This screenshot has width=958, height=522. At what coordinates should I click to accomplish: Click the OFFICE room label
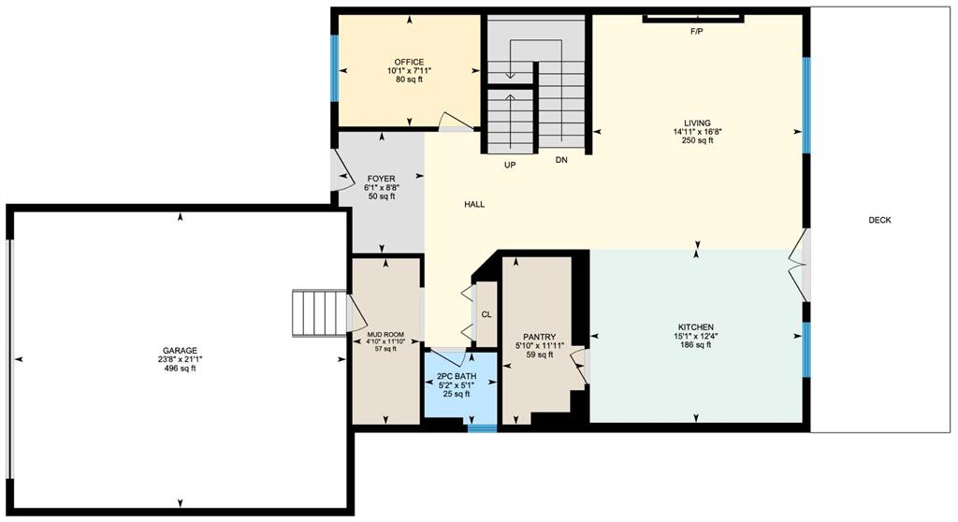tap(409, 62)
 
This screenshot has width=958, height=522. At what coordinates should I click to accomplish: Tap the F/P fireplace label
tap(696, 31)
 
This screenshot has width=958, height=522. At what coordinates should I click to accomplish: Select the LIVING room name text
tap(697, 123)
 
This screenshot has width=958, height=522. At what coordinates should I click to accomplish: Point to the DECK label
tap(879, 220)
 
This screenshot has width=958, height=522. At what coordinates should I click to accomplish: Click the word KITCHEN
tap(695, 327)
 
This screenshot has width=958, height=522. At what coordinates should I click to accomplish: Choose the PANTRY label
tap(540, 337)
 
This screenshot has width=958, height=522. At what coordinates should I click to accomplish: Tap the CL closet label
tap(486, 314)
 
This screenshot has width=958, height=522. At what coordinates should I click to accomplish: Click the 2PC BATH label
tap(457, 376)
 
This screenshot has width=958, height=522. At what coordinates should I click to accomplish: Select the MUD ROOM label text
tap(385, 334)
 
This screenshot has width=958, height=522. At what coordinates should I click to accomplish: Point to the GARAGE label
tap(180, 350)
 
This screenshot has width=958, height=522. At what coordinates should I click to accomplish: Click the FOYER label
tap(382, 179)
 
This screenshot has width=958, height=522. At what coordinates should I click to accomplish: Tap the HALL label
tap(474, 204)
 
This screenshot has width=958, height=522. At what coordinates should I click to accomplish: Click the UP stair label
tap(510, 165)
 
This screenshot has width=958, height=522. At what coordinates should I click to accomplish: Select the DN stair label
tap(561, 160)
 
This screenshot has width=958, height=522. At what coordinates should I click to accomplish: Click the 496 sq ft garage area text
tap(180, 368)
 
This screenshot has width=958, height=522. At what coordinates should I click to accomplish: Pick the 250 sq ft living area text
tap(697, 140)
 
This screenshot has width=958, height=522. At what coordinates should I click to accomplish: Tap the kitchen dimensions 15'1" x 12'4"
tap(695, 336)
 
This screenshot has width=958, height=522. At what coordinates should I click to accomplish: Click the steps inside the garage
tap(320, 313)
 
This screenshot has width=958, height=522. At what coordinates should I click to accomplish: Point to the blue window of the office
tap(334, 68)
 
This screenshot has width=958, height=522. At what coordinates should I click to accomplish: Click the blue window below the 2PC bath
tap(482, 428)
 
